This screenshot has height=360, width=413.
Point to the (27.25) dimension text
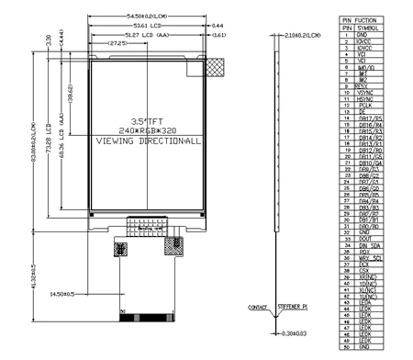(117, 43)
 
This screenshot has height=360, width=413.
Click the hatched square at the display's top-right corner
(217, 67)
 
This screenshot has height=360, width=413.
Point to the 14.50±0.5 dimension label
(81, 292)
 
